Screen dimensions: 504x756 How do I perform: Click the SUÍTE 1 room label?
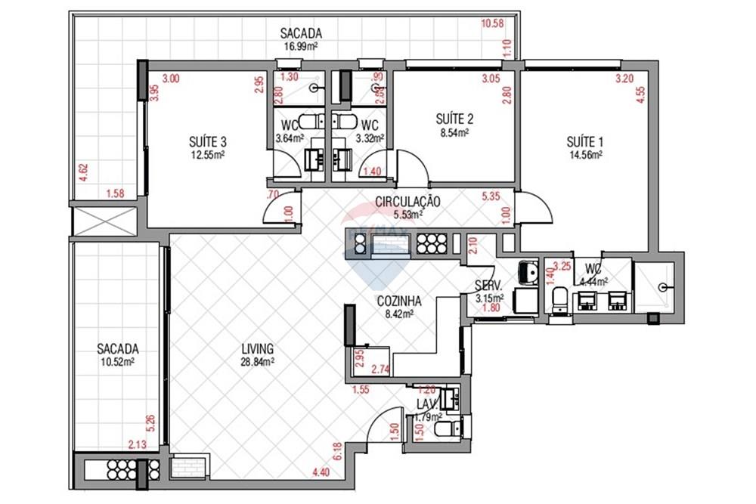pyautogui.click(x=585, y=141)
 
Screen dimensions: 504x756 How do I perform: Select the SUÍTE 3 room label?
pyautogui.click(x=208, y=141)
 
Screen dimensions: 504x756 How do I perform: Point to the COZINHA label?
pyautogui.click(x=399, y=300)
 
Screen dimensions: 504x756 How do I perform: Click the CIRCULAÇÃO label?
pyautogui.click(x=407, y=202)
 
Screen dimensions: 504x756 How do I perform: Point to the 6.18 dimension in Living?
pyautogui.click(x=338, y=451)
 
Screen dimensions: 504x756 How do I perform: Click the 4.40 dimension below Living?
pyautogui.click(x=321, y=474)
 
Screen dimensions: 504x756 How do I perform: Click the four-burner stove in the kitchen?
pyautogui.click(x=432, y=243)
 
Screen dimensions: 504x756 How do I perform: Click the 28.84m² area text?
pyautogui.click(x=257, y=362)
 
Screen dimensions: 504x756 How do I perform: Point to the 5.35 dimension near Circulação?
pyautogui.click(x=491, y=198)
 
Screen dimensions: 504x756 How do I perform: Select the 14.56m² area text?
pyautogui.click(x=585, y=154)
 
